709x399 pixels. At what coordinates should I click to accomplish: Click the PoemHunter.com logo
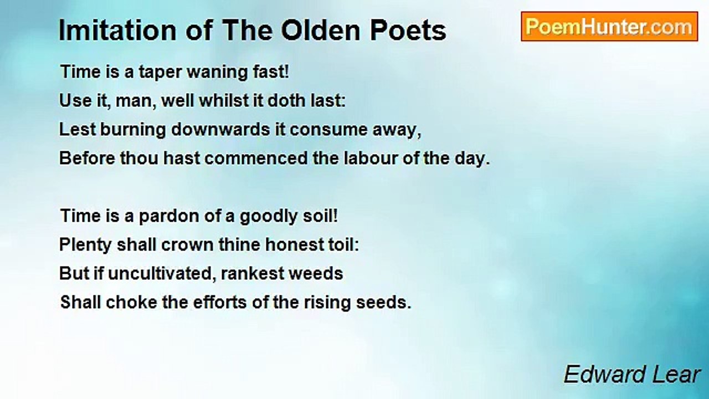tap(609, 27)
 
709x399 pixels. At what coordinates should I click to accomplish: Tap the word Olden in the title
tap(321, 30)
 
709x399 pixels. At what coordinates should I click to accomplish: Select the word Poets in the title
tap(408, 30)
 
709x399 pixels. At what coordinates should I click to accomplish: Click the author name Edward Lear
tap(632, 374)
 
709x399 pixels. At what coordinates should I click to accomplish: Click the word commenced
tap(256, 158)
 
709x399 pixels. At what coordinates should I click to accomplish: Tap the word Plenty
tap(85, 245)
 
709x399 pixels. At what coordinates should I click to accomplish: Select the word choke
tap(131, 302)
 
